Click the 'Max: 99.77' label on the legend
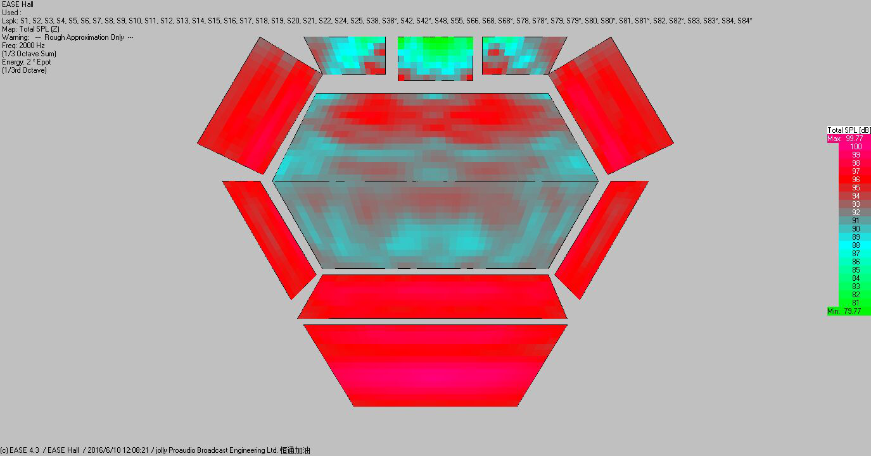pos(845,139)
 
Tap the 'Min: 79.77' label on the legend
pos(844,311)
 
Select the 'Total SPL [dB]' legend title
pos(848,130)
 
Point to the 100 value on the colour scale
pos(856,147)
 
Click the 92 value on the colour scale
pos(856,213)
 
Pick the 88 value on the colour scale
pos(856,245)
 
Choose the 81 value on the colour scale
pos(856,303)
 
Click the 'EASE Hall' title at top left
pos(18,4)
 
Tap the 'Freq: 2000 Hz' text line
pos(23,46)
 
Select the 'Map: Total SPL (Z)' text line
pos(30,29)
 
